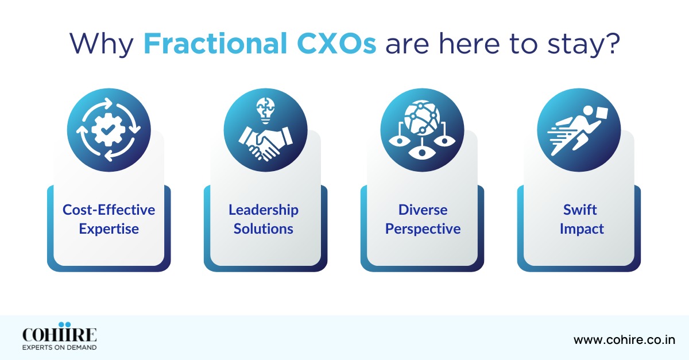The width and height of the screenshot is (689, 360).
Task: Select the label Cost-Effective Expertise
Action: pos(109,219)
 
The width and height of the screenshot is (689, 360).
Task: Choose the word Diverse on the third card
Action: pos(423,210)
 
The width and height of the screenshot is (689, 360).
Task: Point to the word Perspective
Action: pos(423,229)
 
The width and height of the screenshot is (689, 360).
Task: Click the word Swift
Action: pos(580,210)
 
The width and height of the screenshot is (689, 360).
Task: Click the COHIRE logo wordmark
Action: pos(59,335)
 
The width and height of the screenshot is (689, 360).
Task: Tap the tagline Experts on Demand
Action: pos(59,347)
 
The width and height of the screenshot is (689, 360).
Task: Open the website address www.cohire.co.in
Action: pos(624,340)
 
